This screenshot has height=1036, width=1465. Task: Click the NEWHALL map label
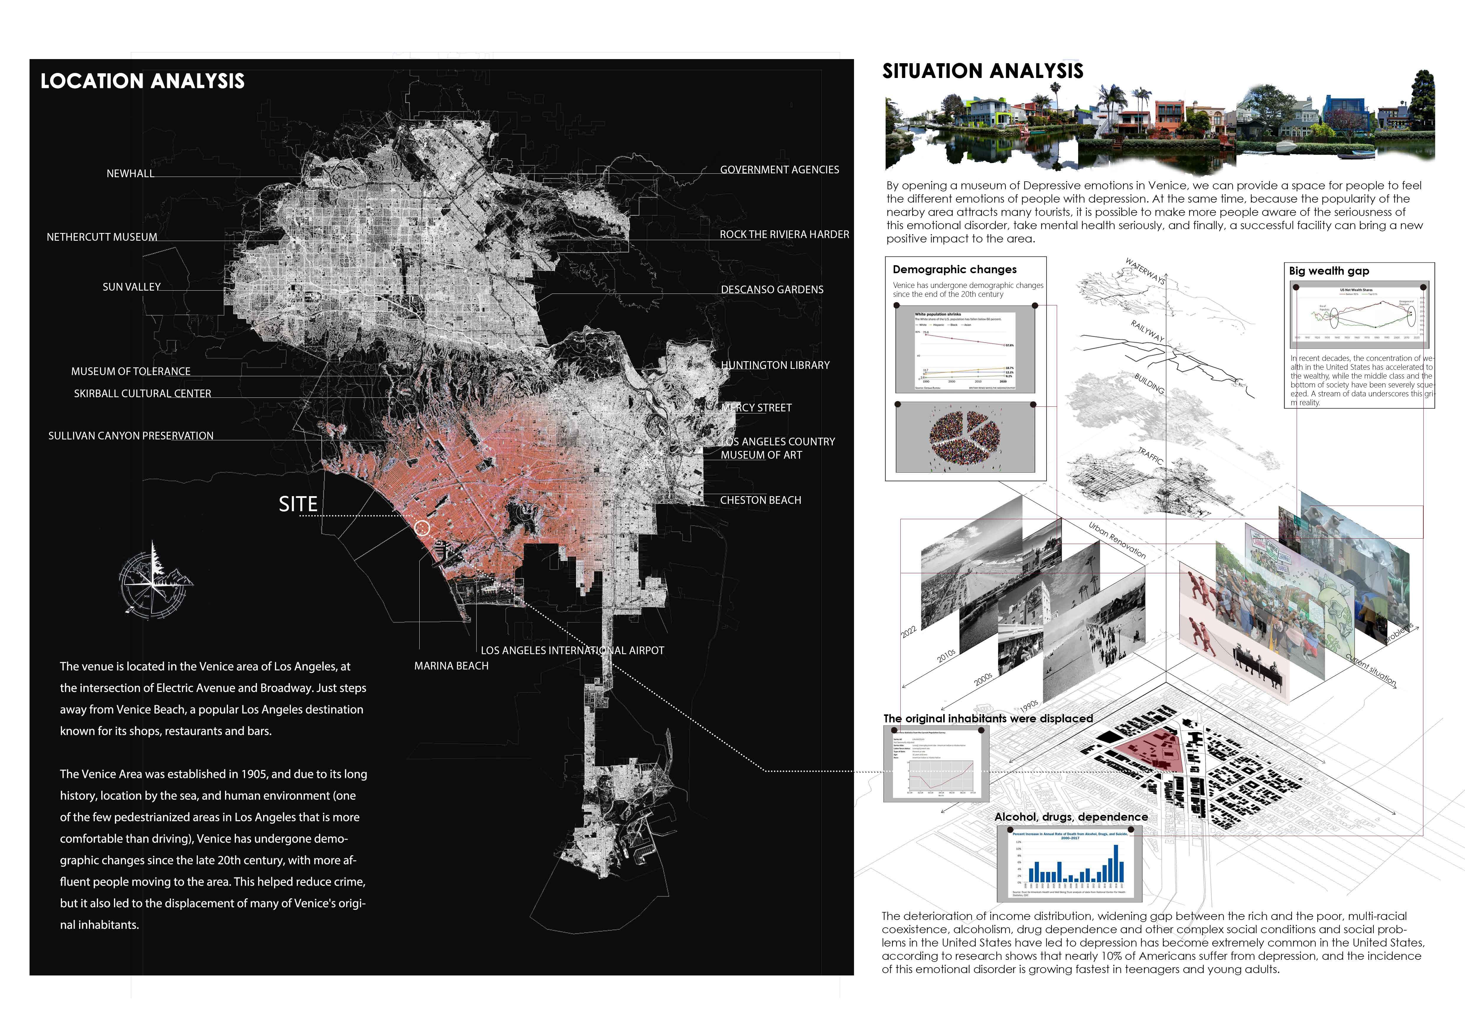[x=130, y=174]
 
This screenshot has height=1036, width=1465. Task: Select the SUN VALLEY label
[x=131, y=287]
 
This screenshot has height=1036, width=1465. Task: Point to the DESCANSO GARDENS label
[x=772, y=290]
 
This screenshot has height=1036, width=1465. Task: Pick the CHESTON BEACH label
[x=761, y=500]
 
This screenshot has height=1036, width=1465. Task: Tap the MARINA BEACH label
[x=451, y=666]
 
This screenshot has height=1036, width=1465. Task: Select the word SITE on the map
[x=298, y=505]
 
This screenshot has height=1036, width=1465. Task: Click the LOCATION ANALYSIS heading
[x=142, y=81]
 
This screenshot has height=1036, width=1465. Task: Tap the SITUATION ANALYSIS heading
[x=983, y=71]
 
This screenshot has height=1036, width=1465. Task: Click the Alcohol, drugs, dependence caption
[x=1071, y=817]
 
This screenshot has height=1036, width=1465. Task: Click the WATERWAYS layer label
[x=1145, y=271]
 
